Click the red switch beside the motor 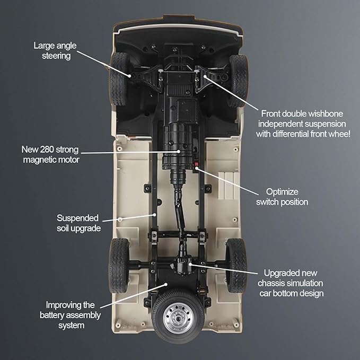pos(196,164)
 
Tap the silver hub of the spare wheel pos(179,318)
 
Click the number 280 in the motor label pos(47,150)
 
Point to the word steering pos(56,56)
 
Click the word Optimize pos(282,192)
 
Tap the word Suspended pos(77,218)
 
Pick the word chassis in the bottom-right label pos(270,283)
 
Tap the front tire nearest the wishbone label pos(239,81)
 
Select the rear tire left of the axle pos(119,266)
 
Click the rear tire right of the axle pos(236,266)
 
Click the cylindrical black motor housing pos(178,147)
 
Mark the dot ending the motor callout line pos(178,151)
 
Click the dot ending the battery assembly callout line pos(166,284)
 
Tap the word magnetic pos(38,160)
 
